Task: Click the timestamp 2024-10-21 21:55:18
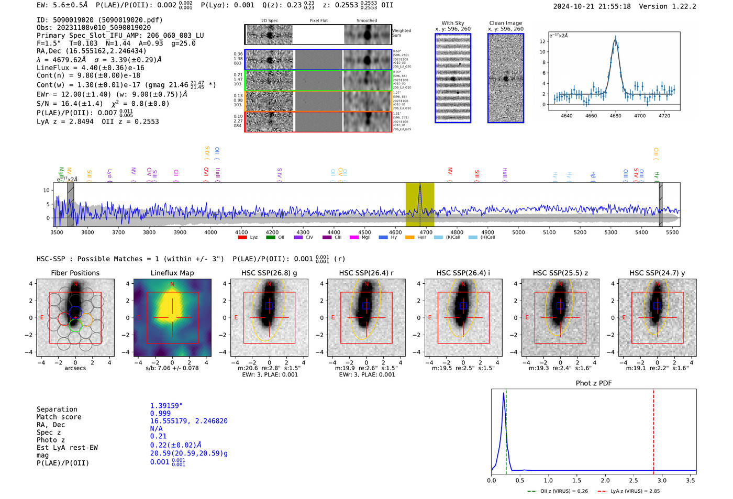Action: coord(592,6)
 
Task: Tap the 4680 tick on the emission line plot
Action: coord(615,116)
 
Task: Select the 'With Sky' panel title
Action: coord(452,23)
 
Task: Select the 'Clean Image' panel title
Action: coord(505,23)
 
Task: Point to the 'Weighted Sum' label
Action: coord(402,33)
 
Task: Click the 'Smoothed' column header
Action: coord(366,21)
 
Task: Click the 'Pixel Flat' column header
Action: coord(318,21)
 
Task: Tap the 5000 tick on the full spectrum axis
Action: coord(518,232)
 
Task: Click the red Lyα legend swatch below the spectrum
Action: coord(242,238)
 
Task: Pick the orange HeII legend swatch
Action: coord(409,238)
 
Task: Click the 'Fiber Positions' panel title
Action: coord(75,273)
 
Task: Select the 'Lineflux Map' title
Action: coord(172,273)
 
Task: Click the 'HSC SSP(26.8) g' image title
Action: coord(269,273)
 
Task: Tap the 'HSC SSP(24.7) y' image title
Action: coord(657,273)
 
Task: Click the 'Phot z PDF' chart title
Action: coord(594,383)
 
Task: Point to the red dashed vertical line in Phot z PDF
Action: coord(653,429)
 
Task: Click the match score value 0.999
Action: coord(160,413)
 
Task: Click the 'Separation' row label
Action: coord(57,409)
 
